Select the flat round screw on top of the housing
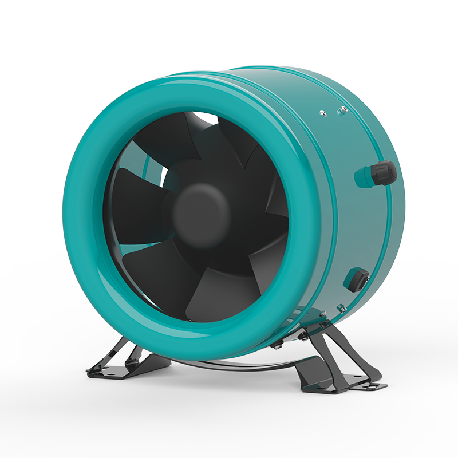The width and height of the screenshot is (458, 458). pyautogui.click(x=323, y=113)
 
